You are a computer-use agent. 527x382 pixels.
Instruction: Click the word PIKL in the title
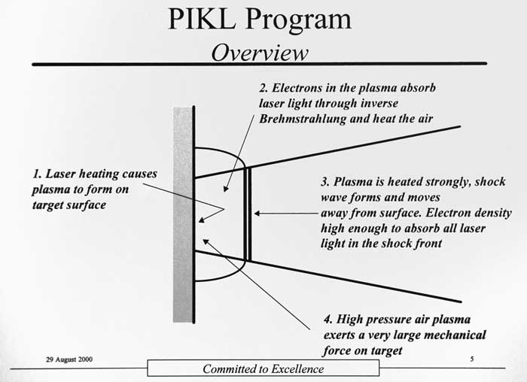pos(202,19)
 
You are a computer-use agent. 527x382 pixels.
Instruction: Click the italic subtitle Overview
pos(260,53)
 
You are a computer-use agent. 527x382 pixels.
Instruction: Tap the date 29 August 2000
pos(69,359)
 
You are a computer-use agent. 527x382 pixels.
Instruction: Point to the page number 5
pos(472,359)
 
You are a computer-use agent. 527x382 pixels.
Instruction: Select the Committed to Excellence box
pos(263,368)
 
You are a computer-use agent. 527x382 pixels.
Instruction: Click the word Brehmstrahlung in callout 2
pos(303,119)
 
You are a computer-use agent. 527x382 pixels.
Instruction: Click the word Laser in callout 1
pos(60,174)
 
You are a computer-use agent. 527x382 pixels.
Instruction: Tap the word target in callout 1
pos(49,205)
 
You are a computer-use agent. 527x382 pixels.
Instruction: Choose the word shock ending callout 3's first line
pos(490,182)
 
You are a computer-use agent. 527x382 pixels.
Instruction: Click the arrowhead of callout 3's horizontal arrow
pos(257,213)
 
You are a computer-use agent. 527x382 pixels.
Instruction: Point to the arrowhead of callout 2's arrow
pos(226,189)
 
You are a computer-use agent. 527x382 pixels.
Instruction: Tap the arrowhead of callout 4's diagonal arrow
pos(206,241)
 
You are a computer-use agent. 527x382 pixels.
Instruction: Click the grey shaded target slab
pos(182,215)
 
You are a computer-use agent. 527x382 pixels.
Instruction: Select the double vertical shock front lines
pos(248,214)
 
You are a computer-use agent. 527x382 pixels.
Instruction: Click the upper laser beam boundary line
pos(327,152)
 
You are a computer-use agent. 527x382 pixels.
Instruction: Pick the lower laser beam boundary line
pos(327,276)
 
